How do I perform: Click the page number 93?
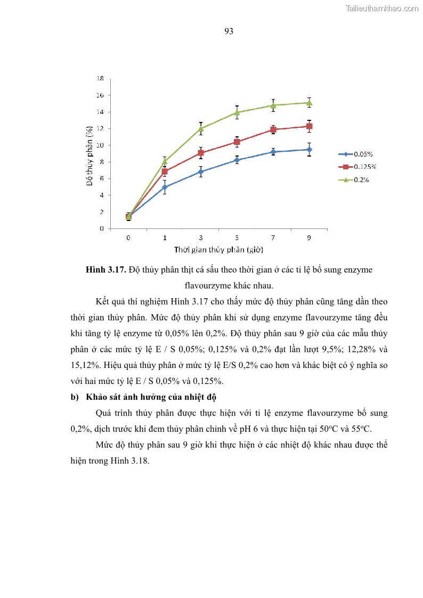pyautogui.click(x=229, y=31)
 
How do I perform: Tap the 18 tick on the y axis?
pyautogui.click(x=100, y=78)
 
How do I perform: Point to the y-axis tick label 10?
pyautogui.click(x=100, y=145)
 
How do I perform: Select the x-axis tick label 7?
pyautogui.click(x=273, y=237)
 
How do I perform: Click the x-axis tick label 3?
pyautogui.click(x=201, y=237)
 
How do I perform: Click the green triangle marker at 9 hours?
pyautogui.click(x=309, y=102)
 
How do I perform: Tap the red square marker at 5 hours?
pyautogui.click(x=237, y=142)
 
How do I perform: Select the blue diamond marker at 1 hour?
pyautogui.click(x=165, y=187)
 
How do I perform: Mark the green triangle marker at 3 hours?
pyautogui.click(x=201, y=129)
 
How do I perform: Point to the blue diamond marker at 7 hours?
pyautogui.click(x=273, y=152)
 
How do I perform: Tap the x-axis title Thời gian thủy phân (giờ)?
pyautogui.click(x=218, y=249)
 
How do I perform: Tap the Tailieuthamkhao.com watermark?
pyautogui.click(x=382, y=8)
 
